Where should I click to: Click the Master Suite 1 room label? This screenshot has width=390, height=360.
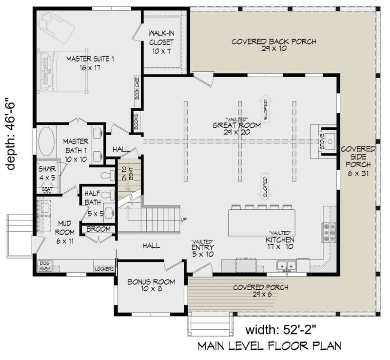[90, 63]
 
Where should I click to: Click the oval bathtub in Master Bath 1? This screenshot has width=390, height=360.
[47, 141]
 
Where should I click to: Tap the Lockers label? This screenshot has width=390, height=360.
[104, 269]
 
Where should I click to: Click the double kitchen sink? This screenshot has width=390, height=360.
[287, 266]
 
